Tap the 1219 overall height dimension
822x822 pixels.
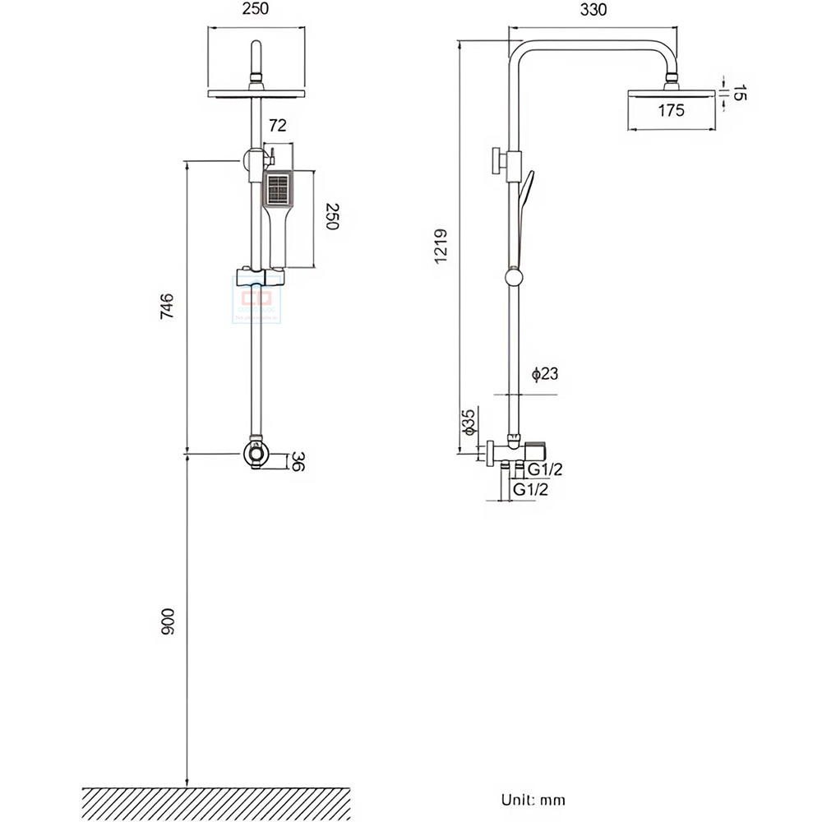[441, 246]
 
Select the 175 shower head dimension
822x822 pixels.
[671, 111]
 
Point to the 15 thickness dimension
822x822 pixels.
[739, 92]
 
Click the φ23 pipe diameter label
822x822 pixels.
[545, 375]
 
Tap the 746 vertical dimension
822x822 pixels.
[167, 307]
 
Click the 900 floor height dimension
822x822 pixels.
[167, 622]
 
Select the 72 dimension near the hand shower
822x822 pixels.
[277, 126]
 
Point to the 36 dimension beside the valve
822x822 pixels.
[299, 462]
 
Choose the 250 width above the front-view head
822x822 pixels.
[256, 11]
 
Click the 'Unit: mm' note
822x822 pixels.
[533, 799]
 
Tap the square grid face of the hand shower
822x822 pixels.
[277, 189]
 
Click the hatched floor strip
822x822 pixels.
[216, 802]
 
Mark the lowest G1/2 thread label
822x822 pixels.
[530, 489]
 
